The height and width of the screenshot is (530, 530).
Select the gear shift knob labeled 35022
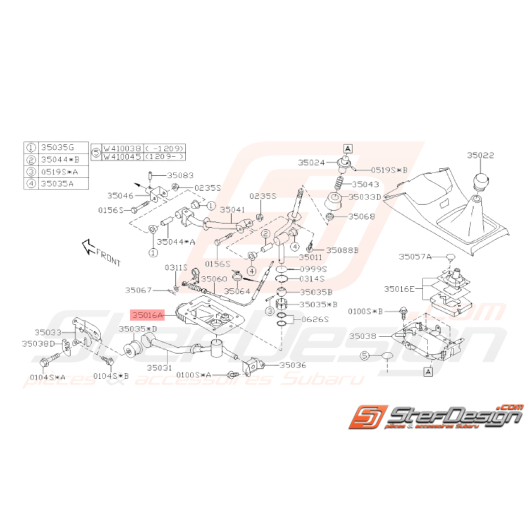[481, 183]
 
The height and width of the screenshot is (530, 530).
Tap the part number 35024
[310, 162]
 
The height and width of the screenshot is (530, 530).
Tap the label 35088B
[343, 249]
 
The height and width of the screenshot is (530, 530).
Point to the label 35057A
[415, 257]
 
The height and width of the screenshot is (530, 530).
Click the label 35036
[293, 364]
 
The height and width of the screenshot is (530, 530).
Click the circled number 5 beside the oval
[365, 355]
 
